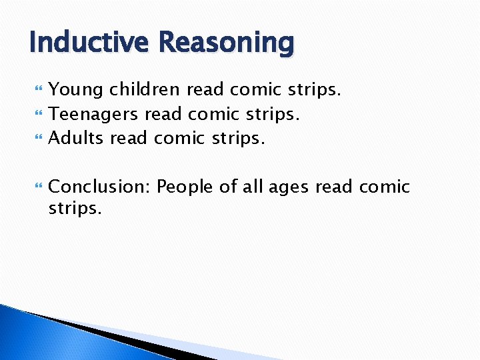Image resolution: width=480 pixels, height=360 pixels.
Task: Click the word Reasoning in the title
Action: [227, 43]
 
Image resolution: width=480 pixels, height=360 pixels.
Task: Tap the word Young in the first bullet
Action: [76, 90]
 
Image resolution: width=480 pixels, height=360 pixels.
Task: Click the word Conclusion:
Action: [99, 187]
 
